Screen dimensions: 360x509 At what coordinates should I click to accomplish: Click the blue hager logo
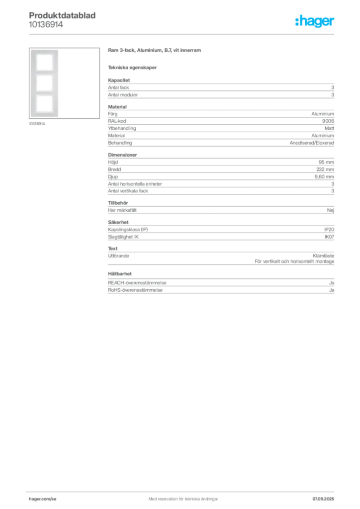(315, 22)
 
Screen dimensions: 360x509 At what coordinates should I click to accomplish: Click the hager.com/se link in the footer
(43, 498)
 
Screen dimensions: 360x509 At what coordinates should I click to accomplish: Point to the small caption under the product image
(38, 124)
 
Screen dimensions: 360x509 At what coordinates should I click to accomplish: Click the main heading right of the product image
(155, 52)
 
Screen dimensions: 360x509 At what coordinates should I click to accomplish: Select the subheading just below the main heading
(133, 68)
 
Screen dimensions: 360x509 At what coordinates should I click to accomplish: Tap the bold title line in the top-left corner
(63, 15)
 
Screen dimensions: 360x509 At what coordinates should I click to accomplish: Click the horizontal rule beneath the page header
(182, 34)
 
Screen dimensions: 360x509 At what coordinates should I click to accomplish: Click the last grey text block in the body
(220, 283)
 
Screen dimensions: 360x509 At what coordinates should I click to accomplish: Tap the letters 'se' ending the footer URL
(54, 498)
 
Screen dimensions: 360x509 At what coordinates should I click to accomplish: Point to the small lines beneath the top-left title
(46, 27)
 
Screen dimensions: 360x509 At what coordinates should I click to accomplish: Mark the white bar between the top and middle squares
(44, 73)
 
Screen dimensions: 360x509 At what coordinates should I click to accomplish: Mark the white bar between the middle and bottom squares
(44, 93)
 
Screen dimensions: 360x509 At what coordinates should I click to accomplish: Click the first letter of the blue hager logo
(297, 22)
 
